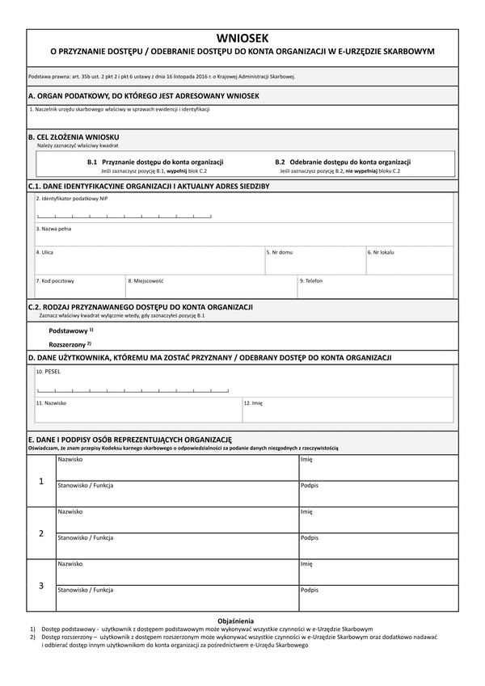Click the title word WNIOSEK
coord(242,38)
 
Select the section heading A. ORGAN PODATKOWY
coord(143,96)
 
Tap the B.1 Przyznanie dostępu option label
coord(155,162)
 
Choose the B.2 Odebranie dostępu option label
coord(343,162)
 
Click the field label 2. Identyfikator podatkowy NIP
coord(72,198)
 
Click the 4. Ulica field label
coord(44,252)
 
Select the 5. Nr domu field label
coord(280,252)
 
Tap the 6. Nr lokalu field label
coord(381,252)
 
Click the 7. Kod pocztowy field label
coord(55,280)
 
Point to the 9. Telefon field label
coord(311,280)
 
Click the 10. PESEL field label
coord(48,372)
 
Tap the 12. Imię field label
coord(253,402)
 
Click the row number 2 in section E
coord(41,533)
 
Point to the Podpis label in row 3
coord(309,589)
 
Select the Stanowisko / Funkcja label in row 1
coord(85,485)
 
